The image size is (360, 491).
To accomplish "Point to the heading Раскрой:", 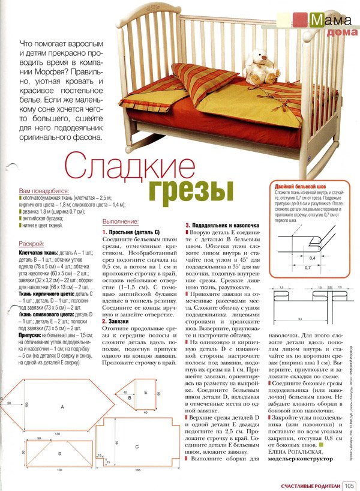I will pos(32,244).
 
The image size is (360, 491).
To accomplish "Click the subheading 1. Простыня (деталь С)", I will pos(131,232).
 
